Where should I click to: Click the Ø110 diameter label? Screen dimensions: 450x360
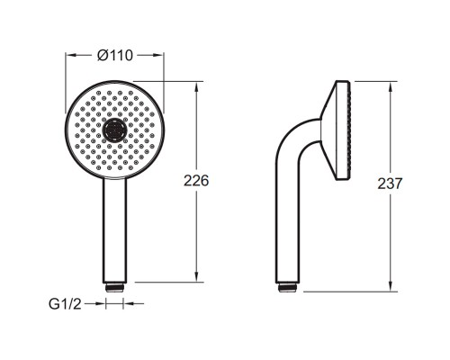[115, 56]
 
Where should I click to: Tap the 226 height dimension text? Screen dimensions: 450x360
[196, 181]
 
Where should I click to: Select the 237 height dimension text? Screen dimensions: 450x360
[390, 184]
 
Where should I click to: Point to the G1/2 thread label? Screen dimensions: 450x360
[65, 304]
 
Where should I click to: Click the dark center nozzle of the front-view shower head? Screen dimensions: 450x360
[115, 130]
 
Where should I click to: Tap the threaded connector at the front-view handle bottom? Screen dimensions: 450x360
[115, 286]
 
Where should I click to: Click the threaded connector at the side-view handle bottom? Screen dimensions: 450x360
[288, 287]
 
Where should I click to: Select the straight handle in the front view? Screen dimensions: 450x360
[115, 230]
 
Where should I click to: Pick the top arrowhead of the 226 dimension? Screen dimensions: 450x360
[196, 87]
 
